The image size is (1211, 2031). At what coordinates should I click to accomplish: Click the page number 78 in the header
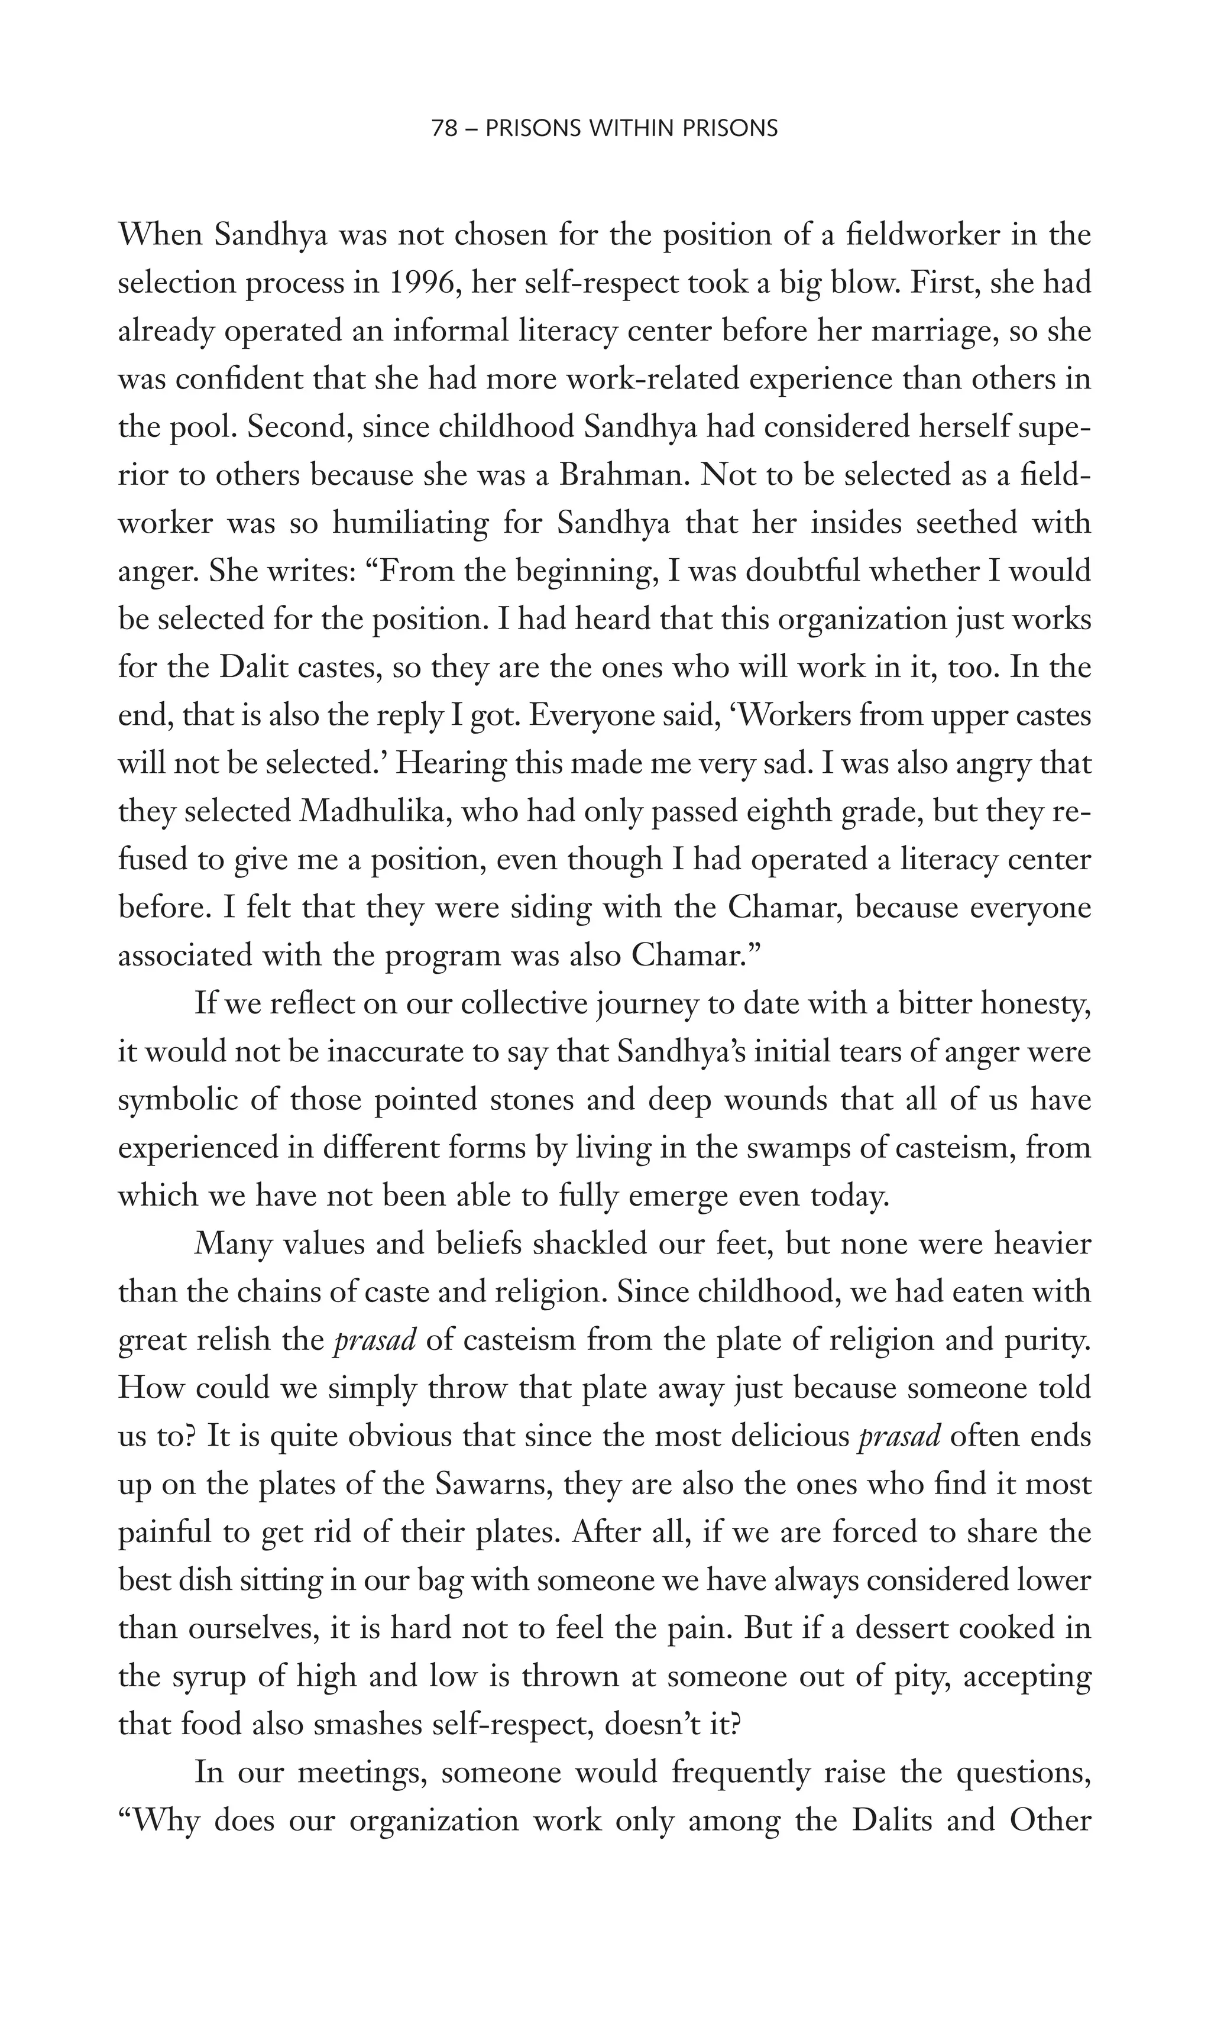[x=444, y=129]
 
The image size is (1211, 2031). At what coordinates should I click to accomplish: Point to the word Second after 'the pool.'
[x=299, y=427]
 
